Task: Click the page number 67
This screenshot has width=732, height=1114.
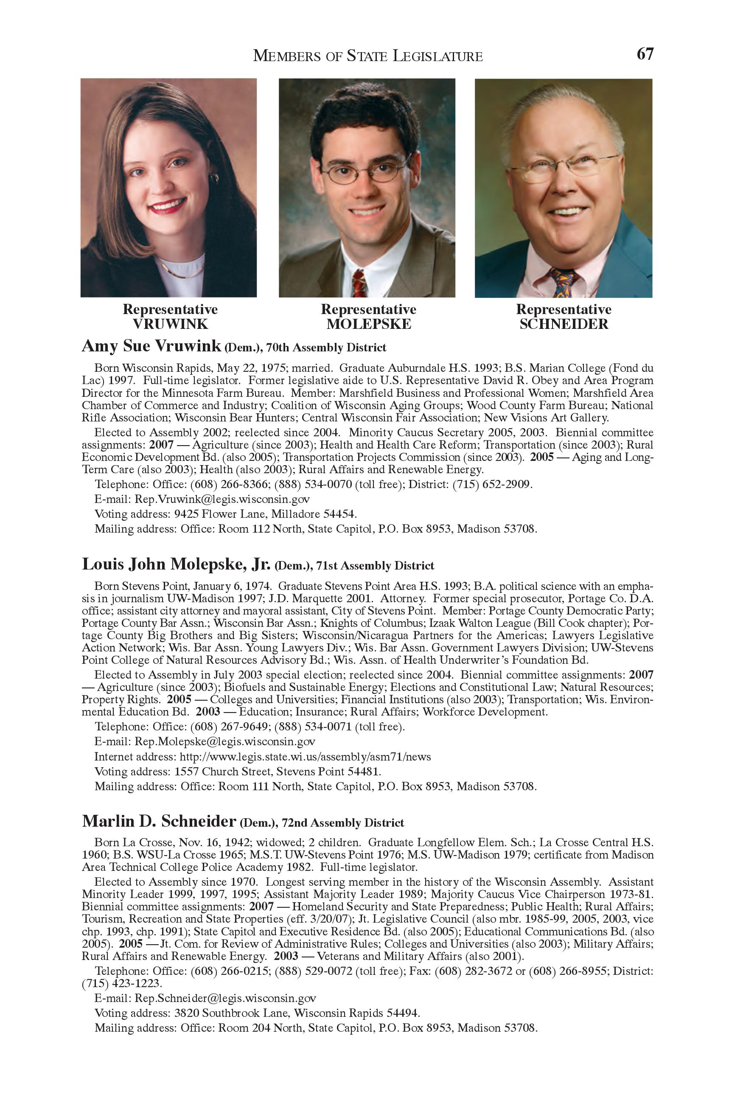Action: click(x=645, y=54)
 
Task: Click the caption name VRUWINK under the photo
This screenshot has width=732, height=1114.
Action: click(x=170, y=324)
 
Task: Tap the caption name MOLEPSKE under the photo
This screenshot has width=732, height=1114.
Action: click(x=368, y=324)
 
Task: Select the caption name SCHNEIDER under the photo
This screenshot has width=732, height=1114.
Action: click(x=564, y=324)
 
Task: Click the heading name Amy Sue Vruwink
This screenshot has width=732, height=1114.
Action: click(x=151, y=346)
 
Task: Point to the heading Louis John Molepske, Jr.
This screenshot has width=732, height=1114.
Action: click(x=176, y=564)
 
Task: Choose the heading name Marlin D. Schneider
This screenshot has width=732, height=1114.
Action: click(x=159, y=822)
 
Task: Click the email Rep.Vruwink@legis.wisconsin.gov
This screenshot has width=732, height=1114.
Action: click(x=222, y=499)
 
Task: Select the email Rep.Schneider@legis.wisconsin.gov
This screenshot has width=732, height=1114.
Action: click(x=225, y=999)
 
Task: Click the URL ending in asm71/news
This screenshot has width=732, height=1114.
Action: click(x=305, y=757)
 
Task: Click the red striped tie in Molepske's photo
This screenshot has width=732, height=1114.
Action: click(x=359, y=283)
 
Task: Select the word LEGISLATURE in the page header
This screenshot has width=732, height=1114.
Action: click(x=437, y=56)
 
